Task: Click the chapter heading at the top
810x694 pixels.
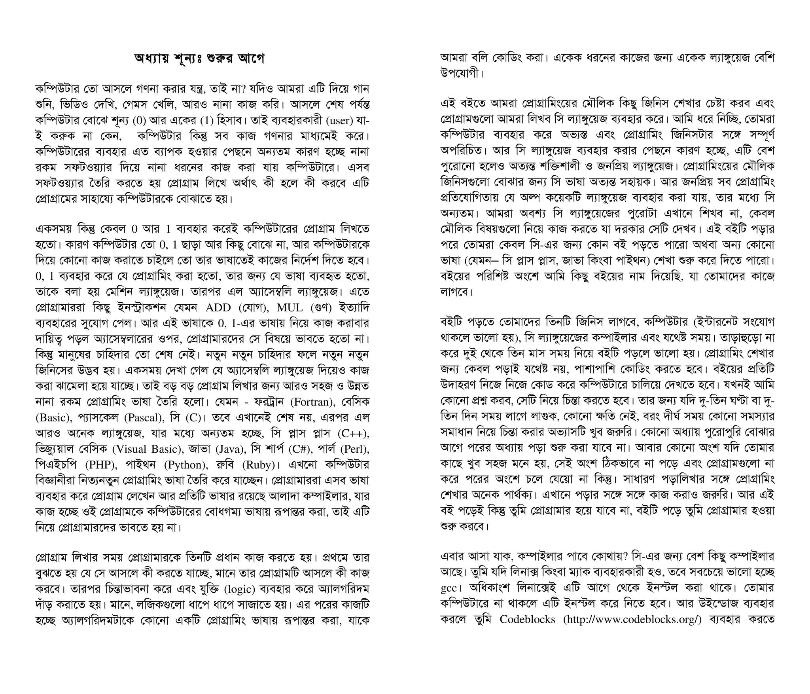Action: click(x=199, y=59)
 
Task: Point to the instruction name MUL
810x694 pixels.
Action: click(x=290, y=307)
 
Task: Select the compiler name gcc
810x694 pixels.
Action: click(x=449, y=588)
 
